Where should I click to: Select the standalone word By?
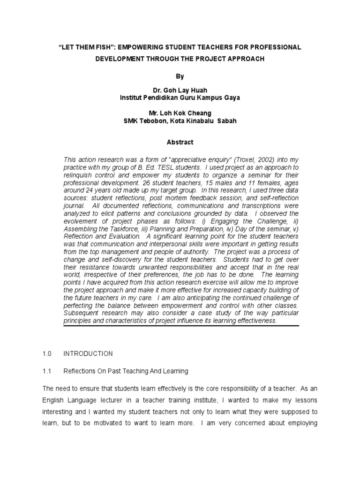(x=180, y=76)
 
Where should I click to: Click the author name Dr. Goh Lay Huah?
(x=180, y=90)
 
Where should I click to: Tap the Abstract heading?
(x=180, y=142)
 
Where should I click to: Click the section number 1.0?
(x=47, y=353)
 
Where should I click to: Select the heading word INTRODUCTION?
(x=88, y=353)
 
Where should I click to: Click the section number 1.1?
(x=47, y=371)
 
